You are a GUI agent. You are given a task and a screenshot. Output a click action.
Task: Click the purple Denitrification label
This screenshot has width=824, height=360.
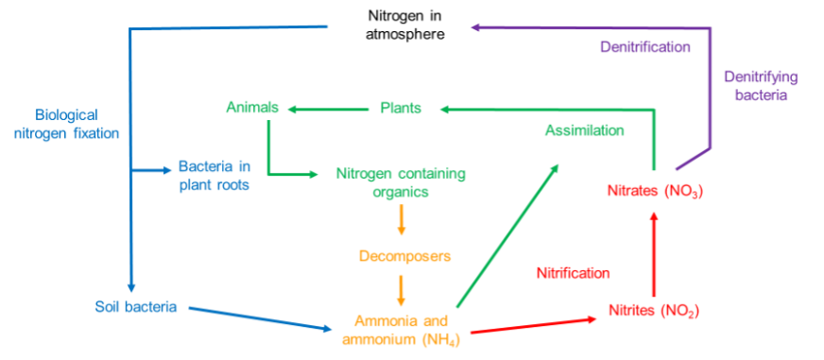[x=644, y=46]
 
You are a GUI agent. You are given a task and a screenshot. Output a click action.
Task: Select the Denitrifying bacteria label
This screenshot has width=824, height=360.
[x=761, y=86]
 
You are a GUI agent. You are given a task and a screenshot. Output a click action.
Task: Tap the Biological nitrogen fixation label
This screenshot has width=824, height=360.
[x=67, y=124]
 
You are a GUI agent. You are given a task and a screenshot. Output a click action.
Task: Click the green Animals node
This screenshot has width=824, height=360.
[x=251, y=108]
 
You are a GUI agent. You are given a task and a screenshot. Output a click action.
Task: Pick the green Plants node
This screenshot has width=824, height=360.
[x=401, y=109]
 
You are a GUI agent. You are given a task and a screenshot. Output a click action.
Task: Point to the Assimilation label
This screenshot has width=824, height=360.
[x=584, y=131]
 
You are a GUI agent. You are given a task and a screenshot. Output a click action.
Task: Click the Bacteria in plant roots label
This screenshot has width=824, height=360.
[x=215, y=177]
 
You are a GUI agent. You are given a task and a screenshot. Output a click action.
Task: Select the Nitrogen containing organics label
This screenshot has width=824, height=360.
[x=401, y=183]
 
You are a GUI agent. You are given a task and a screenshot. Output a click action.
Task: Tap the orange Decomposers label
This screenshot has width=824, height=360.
[x=404, y=256]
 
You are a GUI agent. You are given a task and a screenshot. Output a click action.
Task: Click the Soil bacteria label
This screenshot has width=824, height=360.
[x=136, y=307]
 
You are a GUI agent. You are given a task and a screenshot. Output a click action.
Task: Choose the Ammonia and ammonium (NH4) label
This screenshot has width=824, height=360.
[x=401, y=329]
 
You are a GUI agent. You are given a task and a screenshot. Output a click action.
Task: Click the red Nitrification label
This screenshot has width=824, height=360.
[x=574, y=274]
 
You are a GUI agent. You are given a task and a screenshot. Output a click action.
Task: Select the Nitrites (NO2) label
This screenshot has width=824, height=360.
[x=653, y=310]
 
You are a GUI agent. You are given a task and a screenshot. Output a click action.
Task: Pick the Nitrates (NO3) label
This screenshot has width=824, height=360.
[x=655, y=192]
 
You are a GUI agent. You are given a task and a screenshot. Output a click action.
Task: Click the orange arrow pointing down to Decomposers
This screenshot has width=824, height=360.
[x=402, y=221]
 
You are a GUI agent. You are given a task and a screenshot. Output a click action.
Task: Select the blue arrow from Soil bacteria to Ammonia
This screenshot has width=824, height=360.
[x=260, y=319]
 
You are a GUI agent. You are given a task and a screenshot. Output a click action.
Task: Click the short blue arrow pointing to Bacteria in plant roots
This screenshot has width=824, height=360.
[x=150, y=171]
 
